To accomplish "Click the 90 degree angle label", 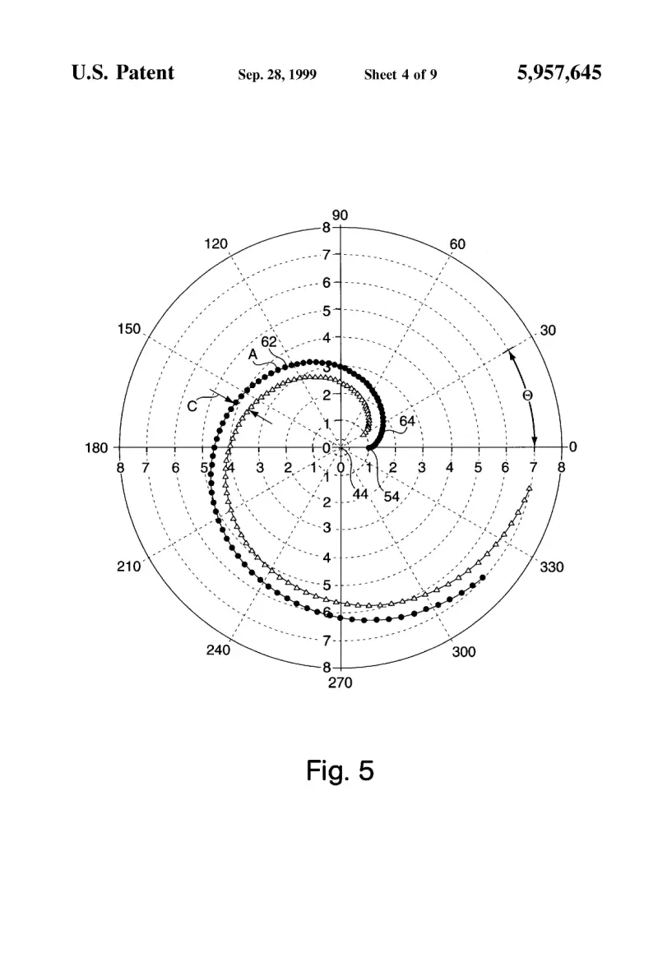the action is [340, 215].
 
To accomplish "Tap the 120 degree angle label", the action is [215, 244].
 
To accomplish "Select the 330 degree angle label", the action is [552, 567].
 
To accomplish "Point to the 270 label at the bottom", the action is [340, 682].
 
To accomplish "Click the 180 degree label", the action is [96, 447].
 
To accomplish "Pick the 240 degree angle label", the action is [218, 650].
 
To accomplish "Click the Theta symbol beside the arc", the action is [527, 396].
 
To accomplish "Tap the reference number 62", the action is [269, 342].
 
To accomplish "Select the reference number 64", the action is [407, 421].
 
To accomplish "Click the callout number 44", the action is [360, 494].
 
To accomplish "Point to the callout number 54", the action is [392, 497].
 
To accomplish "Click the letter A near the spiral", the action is [253, 355].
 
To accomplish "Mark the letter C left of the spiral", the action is [192, 406].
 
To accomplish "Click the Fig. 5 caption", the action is [341, 771].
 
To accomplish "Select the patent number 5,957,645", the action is [559, 72].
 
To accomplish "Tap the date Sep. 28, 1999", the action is [277, 75].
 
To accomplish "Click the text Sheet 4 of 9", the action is [401, 75].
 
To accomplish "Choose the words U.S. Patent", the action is [123, 72].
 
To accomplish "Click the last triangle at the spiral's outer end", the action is [529, 488].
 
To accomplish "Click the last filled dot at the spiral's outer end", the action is [482, 577].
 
